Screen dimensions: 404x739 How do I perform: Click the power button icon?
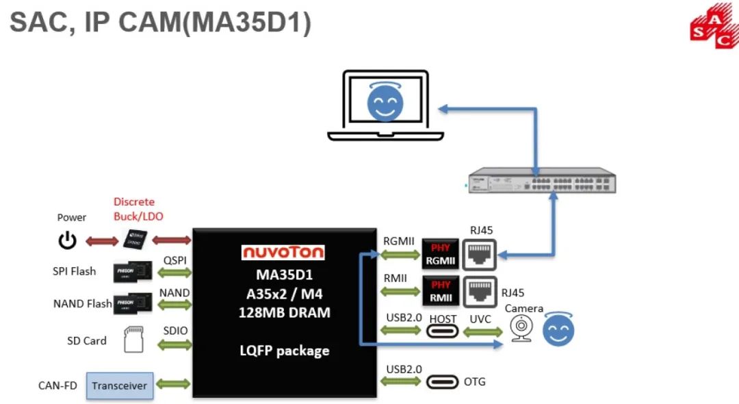(67, 240)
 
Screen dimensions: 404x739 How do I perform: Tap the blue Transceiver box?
(120, 386)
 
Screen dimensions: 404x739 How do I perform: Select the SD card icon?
(134, 340)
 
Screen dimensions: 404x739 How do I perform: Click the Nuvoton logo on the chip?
(283, 252)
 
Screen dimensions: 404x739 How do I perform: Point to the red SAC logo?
(714, 28)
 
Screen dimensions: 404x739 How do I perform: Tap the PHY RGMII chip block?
(440, 255)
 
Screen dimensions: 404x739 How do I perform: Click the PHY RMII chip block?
(440, 292)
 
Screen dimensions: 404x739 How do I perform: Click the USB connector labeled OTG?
(442, 382)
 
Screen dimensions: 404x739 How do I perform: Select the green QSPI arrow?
(174, 273)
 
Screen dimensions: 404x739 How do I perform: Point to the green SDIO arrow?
(174, 344)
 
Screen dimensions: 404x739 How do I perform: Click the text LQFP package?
(284, 351)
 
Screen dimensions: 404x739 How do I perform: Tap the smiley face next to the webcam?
(558, 330)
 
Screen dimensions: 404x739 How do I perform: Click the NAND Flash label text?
(82, 303)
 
